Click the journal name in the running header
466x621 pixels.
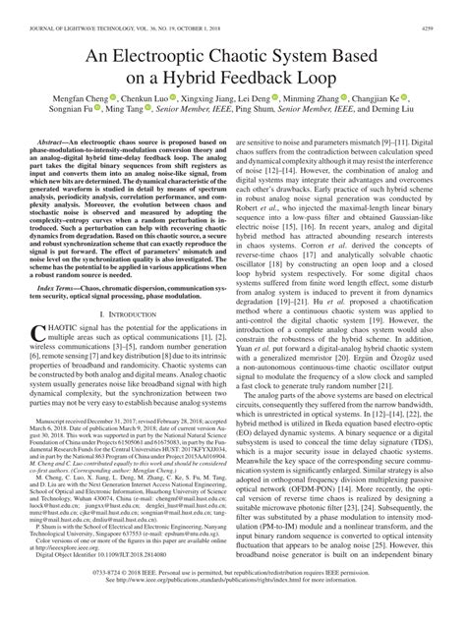point(108,9)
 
